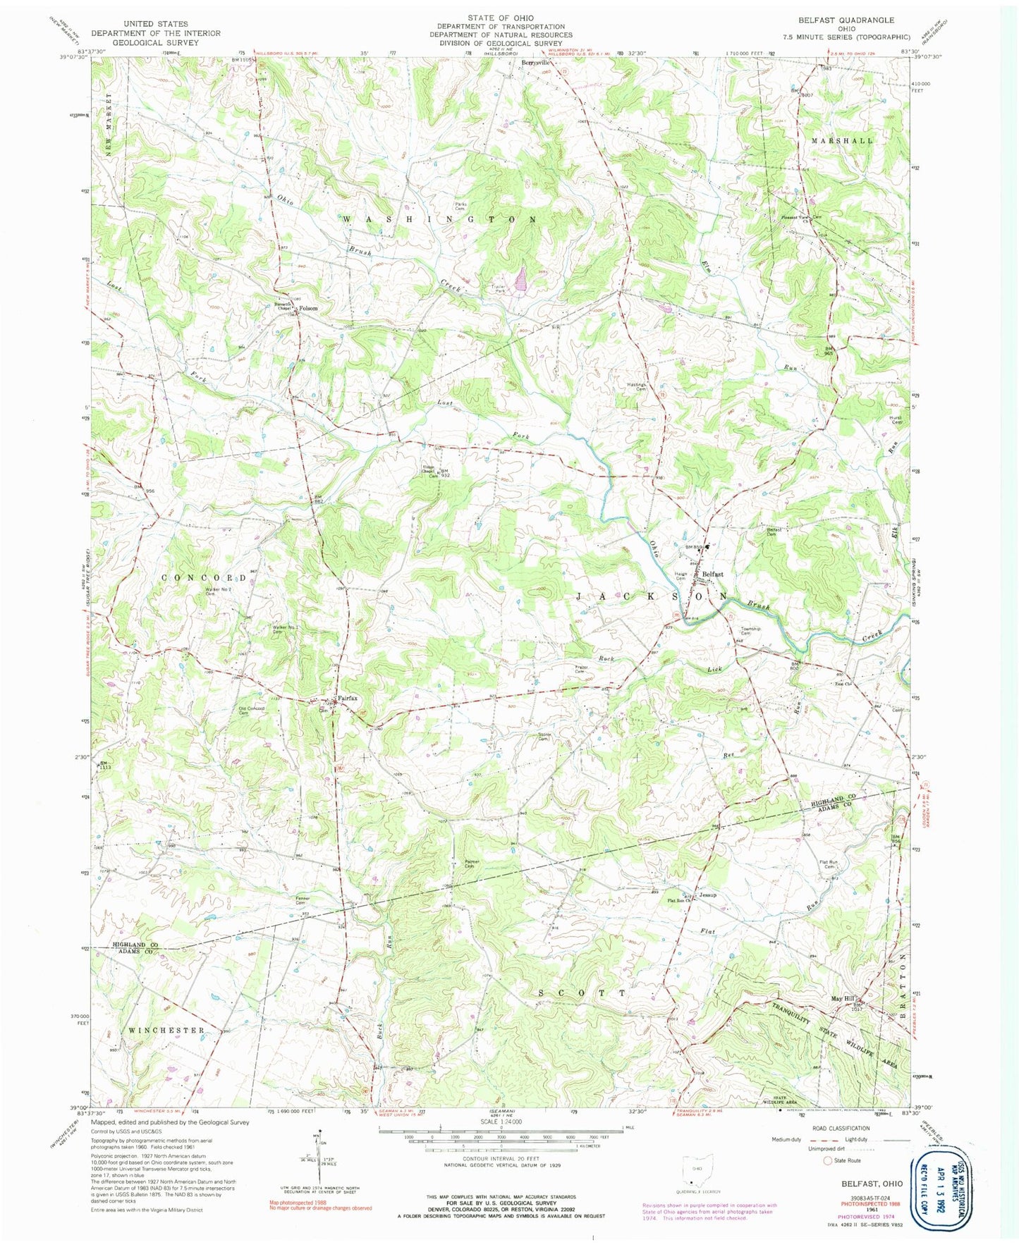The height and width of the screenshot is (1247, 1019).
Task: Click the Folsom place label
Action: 308,308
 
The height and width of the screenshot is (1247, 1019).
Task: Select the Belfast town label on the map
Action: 712,575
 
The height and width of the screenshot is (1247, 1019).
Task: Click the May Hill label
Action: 842,999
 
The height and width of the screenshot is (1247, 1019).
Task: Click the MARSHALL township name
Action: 841,140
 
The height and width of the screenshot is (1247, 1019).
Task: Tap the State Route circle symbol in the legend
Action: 827,1160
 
